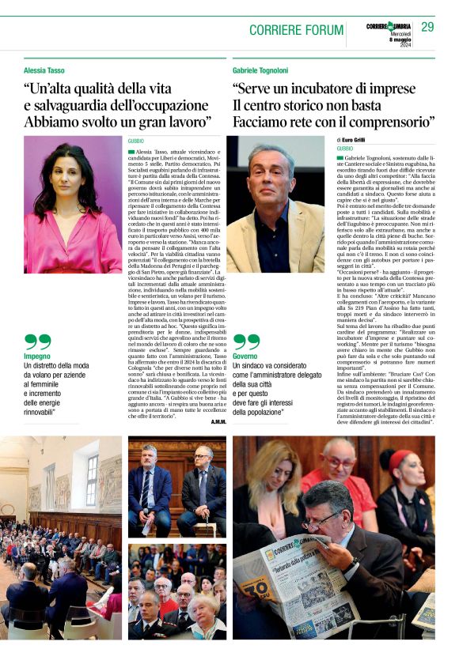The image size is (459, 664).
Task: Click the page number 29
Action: click(427, 27)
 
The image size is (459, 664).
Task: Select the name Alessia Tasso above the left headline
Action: click(46, 70)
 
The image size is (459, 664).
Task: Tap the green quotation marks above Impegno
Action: click(37, 341)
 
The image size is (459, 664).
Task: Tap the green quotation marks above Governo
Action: click(246, 341)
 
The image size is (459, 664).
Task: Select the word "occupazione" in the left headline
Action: click(166, 104)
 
